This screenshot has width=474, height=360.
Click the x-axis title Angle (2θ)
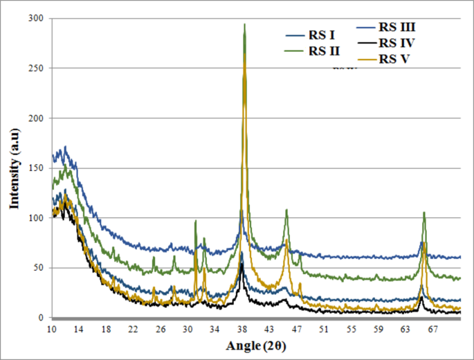tap(255, 344)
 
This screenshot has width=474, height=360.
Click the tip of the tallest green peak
tap(244, 24)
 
